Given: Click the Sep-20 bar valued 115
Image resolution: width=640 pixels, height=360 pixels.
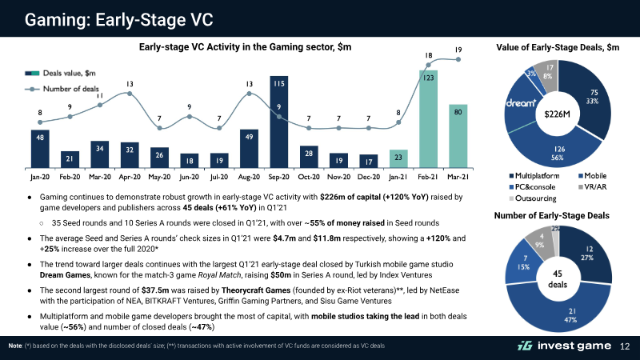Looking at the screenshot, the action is tap(278, 122).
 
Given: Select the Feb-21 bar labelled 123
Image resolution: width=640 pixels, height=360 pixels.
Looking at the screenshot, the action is tap(428, 119).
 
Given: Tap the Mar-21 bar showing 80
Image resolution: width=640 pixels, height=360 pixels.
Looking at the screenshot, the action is tap(458, 136).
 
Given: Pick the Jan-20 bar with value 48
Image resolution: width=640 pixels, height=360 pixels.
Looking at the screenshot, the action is tap(40, 149).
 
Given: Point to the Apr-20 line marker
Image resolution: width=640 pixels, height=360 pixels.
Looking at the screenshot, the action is tap(130, 94).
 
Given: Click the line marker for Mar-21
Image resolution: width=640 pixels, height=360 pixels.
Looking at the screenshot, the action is tap(458, 59).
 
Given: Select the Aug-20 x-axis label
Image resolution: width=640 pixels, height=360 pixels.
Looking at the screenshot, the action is tap(249, 177).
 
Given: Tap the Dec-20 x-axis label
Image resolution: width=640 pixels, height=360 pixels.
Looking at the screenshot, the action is tap(369, 177).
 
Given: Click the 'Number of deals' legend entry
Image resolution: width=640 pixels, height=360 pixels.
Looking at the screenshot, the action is tap(62, 89).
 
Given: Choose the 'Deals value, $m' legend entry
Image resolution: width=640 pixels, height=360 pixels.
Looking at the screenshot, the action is tap(61, 73).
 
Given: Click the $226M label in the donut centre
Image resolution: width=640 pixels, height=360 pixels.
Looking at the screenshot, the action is tap(557, 114).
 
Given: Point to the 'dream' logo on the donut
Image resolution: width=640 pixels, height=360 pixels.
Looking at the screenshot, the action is tap(522, 103).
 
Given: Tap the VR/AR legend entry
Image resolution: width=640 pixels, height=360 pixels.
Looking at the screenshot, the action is tap(593, 187).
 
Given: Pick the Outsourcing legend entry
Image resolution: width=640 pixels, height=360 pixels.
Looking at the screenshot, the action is tap(533, 198).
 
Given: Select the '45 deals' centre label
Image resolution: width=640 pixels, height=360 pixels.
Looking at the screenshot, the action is tap(558, 278).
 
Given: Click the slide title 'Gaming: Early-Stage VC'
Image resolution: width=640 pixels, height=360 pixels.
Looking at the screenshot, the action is tap(118, 19).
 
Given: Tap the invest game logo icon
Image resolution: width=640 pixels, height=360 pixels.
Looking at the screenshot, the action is tap(525, 346).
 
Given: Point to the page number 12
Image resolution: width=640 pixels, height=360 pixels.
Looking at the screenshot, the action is tap(625, 346).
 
